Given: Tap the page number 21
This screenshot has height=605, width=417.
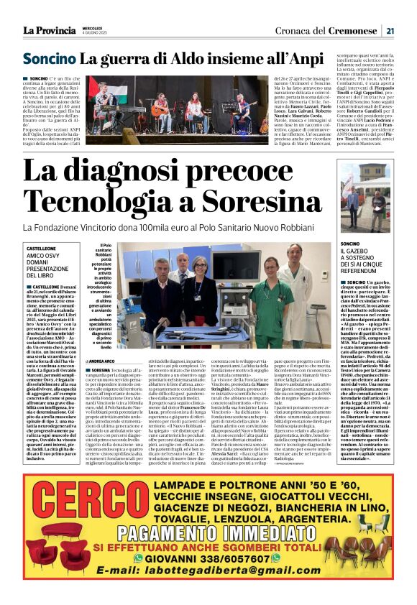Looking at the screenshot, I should [x=389, y=30].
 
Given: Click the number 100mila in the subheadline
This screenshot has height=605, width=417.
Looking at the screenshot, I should [x=193, y=227].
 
